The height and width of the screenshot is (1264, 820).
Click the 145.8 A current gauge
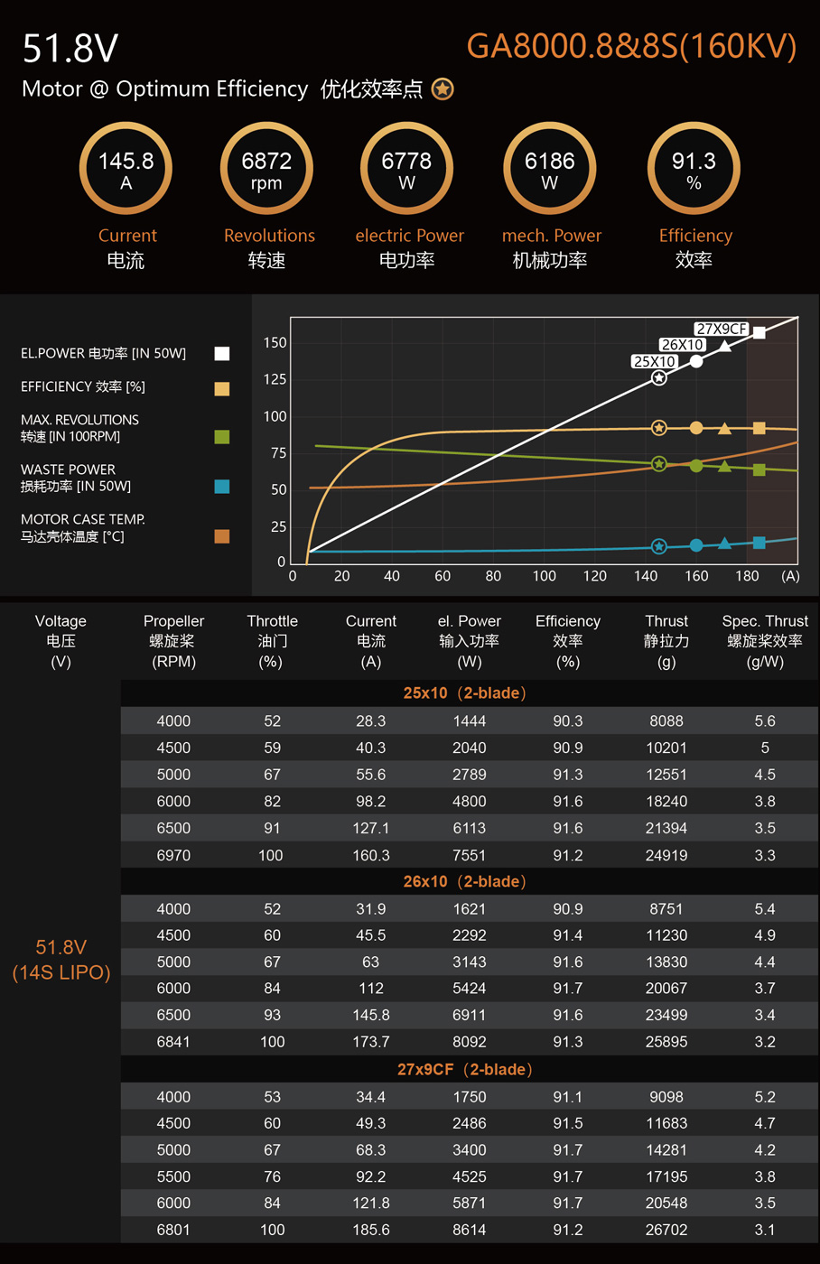pos(126,169)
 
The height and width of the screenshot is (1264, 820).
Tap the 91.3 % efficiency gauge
pos(694,169)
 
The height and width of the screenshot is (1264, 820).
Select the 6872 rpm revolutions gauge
pos(266,169)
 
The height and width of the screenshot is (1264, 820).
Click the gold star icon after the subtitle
pos(443,89)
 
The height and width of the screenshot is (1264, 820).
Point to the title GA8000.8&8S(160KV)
pos(631,46)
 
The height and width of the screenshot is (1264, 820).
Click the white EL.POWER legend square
pos(222,354)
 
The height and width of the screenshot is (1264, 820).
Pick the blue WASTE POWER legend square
pos(222,487)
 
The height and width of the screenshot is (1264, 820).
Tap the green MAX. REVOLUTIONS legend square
pos(222,437)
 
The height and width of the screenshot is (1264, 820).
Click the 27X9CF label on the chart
pos(722,329)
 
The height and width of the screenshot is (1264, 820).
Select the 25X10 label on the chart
pos(654,361)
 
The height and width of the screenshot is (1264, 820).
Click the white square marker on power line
pos(759,332)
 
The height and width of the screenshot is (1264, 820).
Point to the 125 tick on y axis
pos(275,379)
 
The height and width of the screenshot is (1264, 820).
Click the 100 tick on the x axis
pos(544,576)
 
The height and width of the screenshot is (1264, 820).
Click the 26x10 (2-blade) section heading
pos(464,881)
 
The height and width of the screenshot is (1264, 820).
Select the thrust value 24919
pos(666,855)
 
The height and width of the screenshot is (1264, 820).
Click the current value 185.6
pos(371,1230)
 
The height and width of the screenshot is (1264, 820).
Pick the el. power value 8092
pos(470,1042)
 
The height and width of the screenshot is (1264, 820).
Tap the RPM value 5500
pos(173,1176)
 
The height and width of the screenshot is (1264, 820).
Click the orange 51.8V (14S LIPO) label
pos(61,960)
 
